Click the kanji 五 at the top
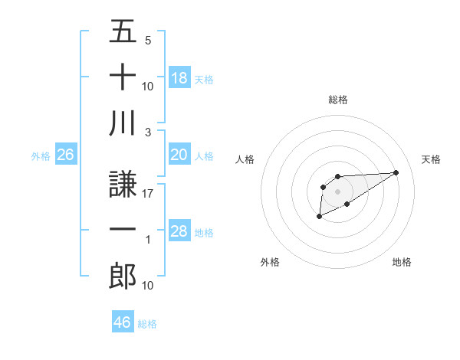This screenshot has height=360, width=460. [x=123, y=33]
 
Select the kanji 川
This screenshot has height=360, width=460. [x=123, y=124]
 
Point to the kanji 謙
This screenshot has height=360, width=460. [x=123, y=184]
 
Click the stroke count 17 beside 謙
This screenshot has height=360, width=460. [x=147, y=194]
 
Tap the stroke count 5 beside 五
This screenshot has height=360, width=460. [x=147, y=41]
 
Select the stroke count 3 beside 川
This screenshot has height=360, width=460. [x=147, y=133]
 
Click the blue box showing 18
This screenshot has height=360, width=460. [x=179, y=78]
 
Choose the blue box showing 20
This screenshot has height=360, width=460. [x=179, y=155]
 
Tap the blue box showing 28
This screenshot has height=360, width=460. [x=179, y=231]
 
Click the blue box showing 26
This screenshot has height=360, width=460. [x=65, y=155]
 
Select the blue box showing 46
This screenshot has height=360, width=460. [x=122, y=322]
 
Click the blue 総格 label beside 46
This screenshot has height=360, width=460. [x=147, y=324]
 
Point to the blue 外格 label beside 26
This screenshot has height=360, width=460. [x=41, y=156]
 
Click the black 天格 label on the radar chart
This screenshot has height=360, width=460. [x=432, y=159]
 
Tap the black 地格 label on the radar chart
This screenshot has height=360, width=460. [x=402, y=262]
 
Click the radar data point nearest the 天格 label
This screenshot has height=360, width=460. [x=396, y=172]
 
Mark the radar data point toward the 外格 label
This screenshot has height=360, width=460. [x=319, y=218]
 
